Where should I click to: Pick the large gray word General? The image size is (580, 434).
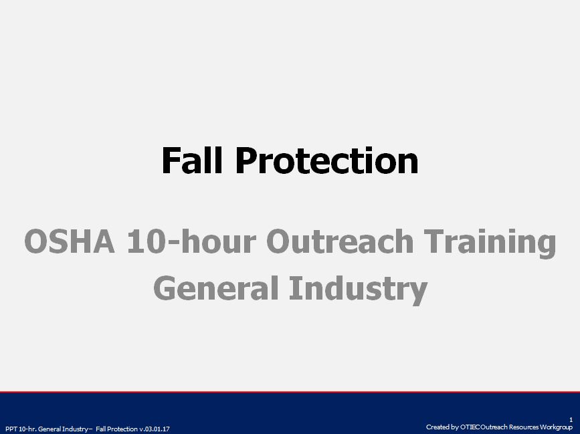coord(215,288)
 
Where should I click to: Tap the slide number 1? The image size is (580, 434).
coord(571,419)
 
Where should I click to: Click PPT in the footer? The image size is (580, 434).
coord(11,429)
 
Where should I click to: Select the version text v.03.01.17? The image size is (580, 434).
coord(155,429)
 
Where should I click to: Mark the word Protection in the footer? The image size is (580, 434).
coord(122,429)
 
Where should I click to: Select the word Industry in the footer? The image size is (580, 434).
coord(77,429)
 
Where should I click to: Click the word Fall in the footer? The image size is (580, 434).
coord(101,429)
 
